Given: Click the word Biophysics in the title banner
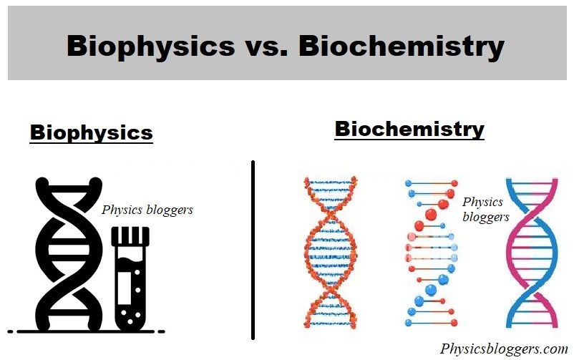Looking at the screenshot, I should click(151, 46).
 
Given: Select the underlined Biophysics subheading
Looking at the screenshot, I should click(91, 133).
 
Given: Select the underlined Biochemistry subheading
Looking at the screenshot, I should click(409, 130).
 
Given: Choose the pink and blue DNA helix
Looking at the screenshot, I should click(532, 250).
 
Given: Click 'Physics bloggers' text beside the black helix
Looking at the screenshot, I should click(147, 210).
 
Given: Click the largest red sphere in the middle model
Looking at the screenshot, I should click(431, 214).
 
